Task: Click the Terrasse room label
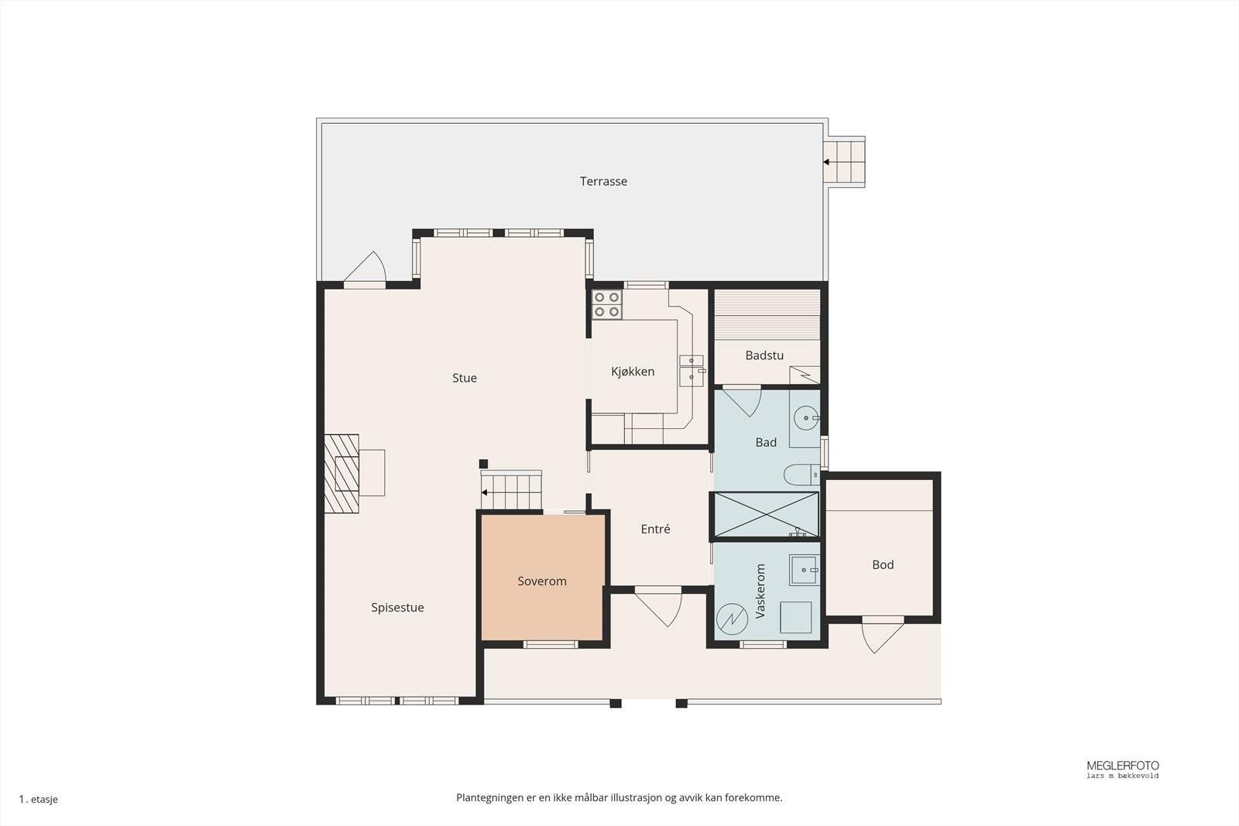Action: tap(603, 181)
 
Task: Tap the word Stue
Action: tap(465, 379)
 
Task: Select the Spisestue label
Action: tap(398, 608)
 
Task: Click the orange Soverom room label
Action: tap(542, 581)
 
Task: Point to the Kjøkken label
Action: tap(633, 372)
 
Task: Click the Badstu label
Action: tap(764, 355)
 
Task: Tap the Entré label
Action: tap(655, 529)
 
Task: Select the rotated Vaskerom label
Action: tap(760, 591)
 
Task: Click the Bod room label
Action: tap(883, 564)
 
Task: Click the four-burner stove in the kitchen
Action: tap(607, 305)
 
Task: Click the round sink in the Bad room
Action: tap(806, 418)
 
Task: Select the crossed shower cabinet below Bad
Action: tap(766, 514)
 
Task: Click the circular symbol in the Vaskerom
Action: tap(732, 619)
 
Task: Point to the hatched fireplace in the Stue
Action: tap(341, 474)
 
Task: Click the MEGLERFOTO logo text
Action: tap(1123, 766)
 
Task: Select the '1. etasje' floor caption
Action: tap(38, 799)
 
